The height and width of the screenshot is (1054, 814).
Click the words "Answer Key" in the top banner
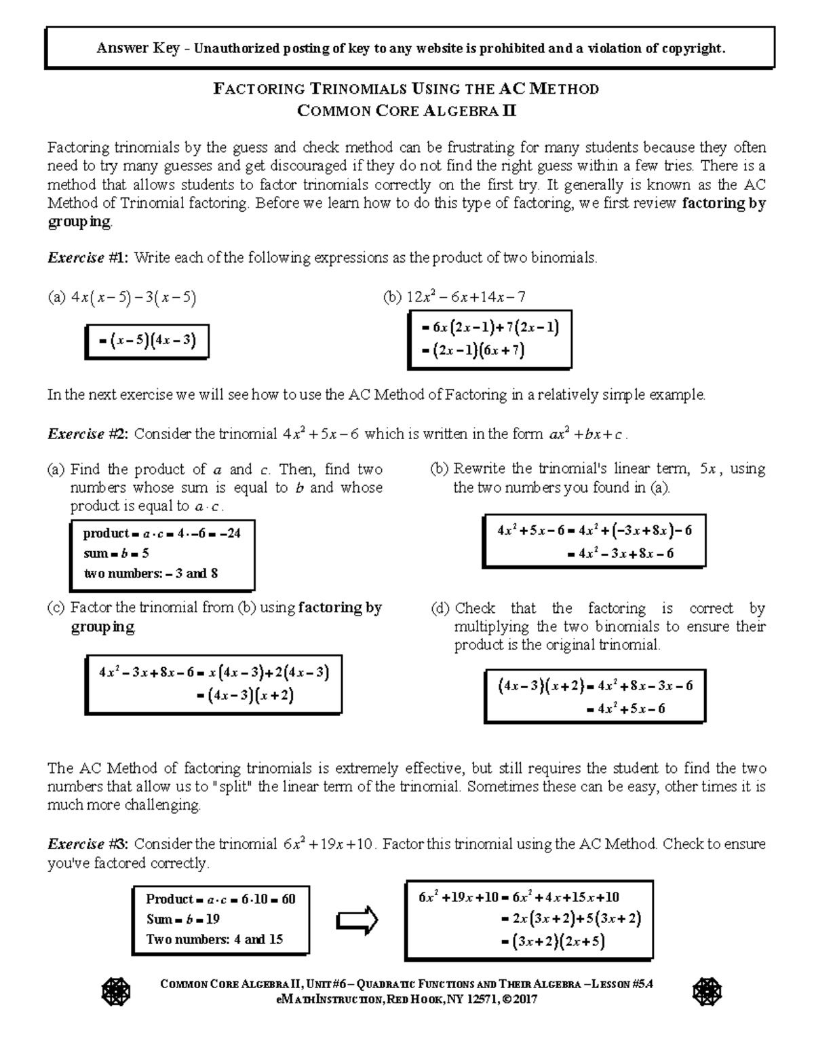click(x=138, y=48)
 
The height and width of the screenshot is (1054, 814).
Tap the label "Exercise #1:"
click(x=88, y=258)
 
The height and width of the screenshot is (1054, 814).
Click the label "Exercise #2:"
click(x=88, y=434)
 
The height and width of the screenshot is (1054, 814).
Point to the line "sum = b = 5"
click(x=116, y=553)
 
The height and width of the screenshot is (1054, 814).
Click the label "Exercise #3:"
click(x=88, y=845)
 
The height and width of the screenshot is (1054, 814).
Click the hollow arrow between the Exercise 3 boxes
click(x=357, y=920)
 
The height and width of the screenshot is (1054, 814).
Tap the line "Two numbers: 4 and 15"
click(x=214, y=940)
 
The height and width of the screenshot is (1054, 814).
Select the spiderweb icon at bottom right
click(x=707, y=994)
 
